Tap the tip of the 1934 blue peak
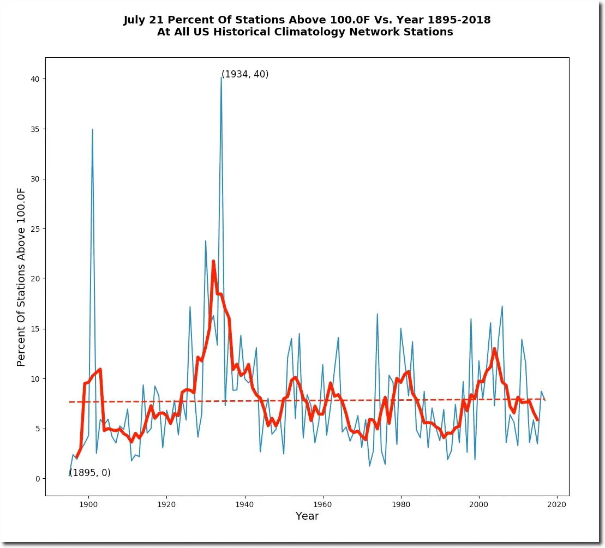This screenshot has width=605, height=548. (x=221, y=77)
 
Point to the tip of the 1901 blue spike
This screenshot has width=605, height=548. (x=92, y=129)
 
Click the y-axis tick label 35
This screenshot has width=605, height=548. (x=34, y=129)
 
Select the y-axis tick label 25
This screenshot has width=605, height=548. (x=34, y=229)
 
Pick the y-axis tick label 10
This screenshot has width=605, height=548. (x=34, y=379)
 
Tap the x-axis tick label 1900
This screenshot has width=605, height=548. (x=88, y=503)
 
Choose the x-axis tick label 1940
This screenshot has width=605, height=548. (x=244, y=503)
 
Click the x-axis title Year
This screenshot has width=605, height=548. (x=307, y=516)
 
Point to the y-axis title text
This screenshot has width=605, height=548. (x=21, y=278)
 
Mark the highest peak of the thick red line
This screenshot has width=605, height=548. (x=213, y=261)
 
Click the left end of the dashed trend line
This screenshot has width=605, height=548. (x=70, y=402)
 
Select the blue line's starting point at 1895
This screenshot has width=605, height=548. (x=69, y=475)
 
